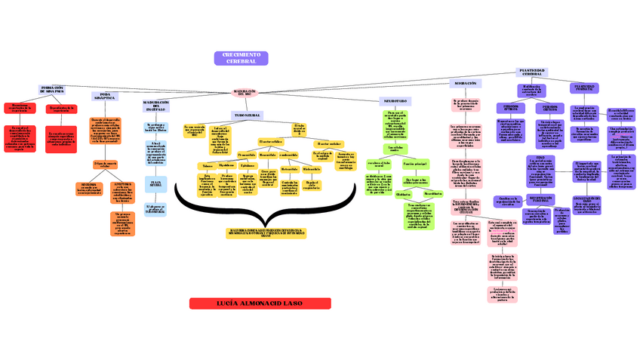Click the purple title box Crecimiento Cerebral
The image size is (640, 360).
[x=241, y=58]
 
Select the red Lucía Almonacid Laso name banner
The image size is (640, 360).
[x=260, y=303]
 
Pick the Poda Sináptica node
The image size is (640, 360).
[x=105, y=96]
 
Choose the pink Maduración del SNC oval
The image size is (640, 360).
[x=245, y=92]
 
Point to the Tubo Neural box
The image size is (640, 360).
[x=246, y=115]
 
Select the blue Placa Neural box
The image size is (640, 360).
[x=155, y=183]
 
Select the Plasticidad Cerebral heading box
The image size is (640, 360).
[x=532, y=72]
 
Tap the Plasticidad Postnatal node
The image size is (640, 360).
[x=583, y=88]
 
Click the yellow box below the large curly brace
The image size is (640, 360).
[x=268, y=233]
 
